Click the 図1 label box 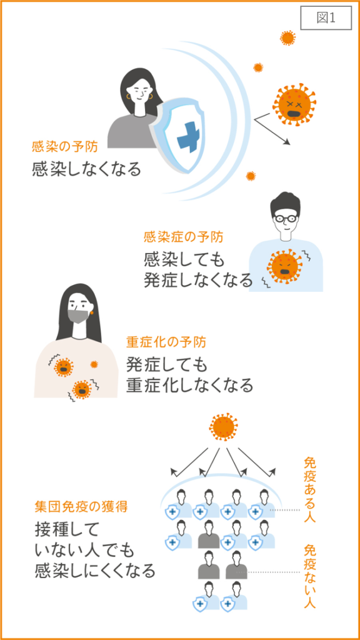326,18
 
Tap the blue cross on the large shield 191,137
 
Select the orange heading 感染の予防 65,146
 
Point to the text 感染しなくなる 86,169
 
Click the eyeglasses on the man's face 285,218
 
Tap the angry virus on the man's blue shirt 285,266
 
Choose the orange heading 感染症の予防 183,236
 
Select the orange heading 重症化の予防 166,342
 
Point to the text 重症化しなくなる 189,385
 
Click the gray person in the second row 209,534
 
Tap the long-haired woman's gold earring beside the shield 129,97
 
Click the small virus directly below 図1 287,38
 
